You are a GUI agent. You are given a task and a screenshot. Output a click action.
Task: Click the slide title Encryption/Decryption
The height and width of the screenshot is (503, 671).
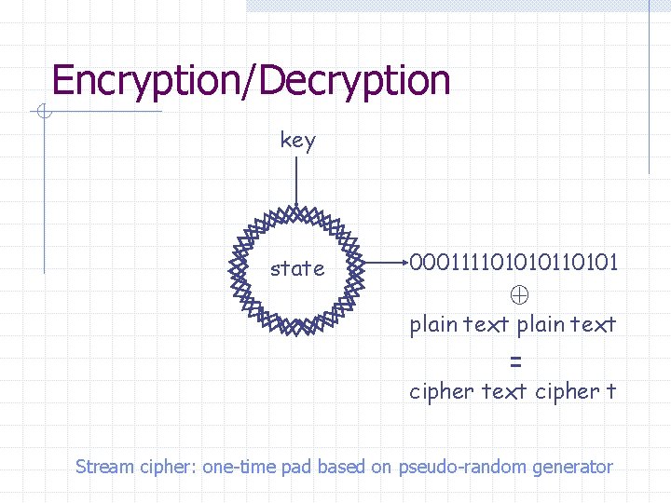[x=251, y=81]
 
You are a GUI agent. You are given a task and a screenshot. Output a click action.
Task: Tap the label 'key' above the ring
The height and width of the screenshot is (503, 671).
[x=297, y=141]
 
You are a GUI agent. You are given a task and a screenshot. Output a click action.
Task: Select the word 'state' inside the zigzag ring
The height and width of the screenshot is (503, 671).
[x=297, y=269]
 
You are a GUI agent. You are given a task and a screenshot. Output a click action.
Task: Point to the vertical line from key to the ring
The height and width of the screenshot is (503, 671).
[x=296, y=182]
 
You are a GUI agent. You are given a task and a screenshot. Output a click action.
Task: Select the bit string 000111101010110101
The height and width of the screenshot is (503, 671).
[x=514, y=263]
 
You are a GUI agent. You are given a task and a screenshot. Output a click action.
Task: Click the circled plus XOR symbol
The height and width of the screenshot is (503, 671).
[x=519, y=295]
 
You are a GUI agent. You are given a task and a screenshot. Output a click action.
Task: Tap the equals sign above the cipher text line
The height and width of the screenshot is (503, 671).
[x=515, y=361]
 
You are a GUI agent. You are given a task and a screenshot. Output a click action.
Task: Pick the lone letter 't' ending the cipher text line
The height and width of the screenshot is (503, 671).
[x=610, y=391]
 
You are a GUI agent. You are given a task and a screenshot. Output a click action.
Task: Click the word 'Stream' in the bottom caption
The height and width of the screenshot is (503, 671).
[x=104, y=467]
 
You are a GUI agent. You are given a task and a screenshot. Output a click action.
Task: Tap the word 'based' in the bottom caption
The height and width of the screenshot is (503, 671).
[x=342, y=467]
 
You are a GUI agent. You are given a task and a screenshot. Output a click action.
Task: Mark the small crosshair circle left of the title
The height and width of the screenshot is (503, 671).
[x=44, y=114]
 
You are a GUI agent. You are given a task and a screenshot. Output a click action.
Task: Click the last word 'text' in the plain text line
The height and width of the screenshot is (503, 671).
[x=593, y=324]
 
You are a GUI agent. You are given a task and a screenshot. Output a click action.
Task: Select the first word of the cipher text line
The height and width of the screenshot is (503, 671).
[x=442, y=392]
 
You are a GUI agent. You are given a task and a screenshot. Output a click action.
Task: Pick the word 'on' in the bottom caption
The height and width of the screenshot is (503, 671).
[x=381, y=467]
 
